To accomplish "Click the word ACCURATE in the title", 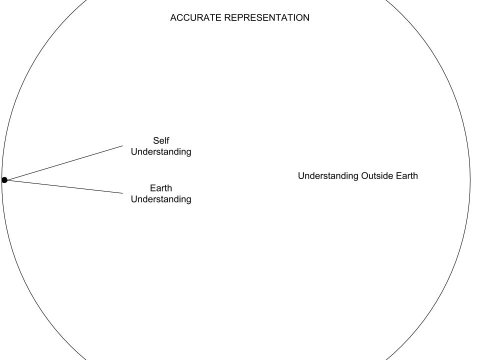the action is [x=195, y=18].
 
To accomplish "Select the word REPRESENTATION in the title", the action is [x=267, y=18].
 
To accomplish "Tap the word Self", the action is [x=161, y=140].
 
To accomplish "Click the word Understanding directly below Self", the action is [x=161, y=152].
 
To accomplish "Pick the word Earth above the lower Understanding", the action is [x=161, y=188].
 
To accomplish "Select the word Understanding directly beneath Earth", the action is [x=161, y=199].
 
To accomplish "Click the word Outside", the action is [x=375, y=175].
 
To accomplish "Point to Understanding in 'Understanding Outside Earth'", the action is [x=328, y=176].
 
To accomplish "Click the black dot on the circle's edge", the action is [x=4, y=180].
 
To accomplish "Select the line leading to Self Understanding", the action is [x=63, y=163].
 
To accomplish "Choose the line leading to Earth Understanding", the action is [x=63, y=186].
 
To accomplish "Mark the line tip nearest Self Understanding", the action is [x=123, y=145].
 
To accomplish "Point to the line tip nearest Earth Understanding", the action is [x=123, y=193].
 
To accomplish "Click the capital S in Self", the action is [x=156, y=141].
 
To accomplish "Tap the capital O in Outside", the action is [x=365, y=175].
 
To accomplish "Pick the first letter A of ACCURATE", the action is [x=173, y=18].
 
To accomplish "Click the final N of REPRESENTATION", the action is [x=306, y=18].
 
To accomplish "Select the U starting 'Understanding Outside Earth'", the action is [x=301, y=175].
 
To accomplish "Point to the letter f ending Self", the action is [x=168, y=140].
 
